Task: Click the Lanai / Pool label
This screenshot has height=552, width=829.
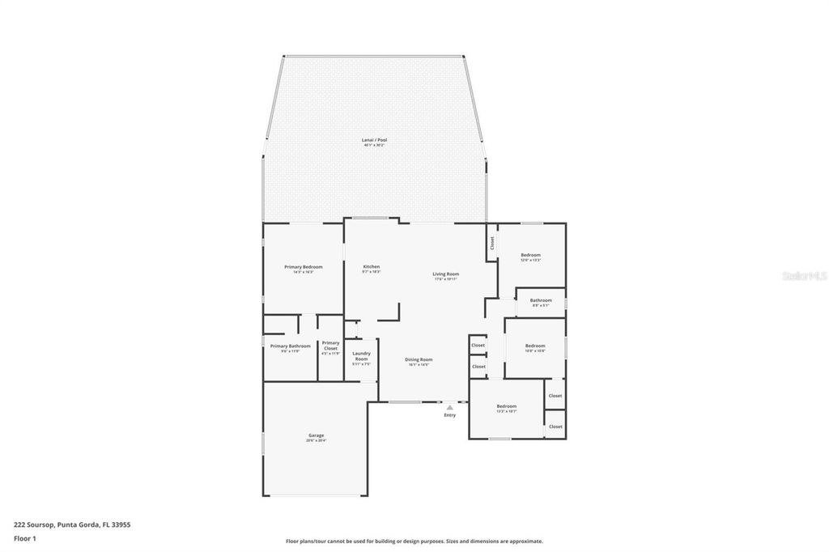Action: click(374, 140)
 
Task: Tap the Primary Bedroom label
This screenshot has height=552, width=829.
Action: click(303, 267)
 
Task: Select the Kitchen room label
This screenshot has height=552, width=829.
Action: click(371, 267)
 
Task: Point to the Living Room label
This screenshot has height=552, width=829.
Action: click(445, 274)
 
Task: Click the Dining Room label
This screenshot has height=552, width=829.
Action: click(419, 359)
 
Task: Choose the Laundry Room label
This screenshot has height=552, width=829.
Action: click(361, 356)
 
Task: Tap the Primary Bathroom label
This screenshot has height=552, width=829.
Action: click(290, 346)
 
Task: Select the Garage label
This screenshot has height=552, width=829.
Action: click(315, 435)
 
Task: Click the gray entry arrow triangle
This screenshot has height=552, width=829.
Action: click(449, 407)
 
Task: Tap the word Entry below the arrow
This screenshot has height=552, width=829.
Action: click(449, 415)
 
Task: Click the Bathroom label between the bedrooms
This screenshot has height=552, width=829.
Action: click(541, 300)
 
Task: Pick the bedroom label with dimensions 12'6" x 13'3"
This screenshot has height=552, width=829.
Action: click(530, 255)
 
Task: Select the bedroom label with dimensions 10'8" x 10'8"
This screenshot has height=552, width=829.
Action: click(535, 346)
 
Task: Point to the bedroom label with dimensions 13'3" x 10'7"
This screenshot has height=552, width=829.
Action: click(507, 406)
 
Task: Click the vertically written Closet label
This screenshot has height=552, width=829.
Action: click(491, 242)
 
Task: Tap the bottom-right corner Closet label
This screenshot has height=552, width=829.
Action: click(555, 427)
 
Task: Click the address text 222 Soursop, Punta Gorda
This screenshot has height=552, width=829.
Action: click(72, 524)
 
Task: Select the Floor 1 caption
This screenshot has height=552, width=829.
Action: click(25, 537)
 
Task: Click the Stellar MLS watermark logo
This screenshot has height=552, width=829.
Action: click(804, 276)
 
